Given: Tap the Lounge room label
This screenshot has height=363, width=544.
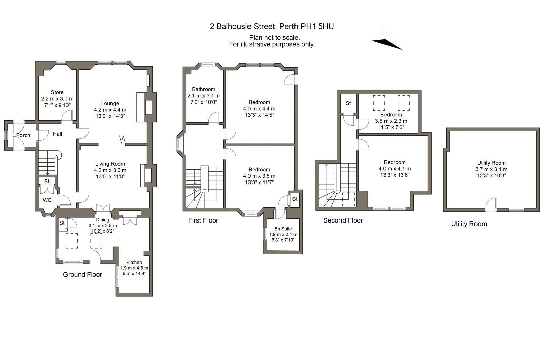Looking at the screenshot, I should tap(110, 103).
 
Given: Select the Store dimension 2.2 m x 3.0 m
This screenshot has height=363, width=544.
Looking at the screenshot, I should tap(57, 99).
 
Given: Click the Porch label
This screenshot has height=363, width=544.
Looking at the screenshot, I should tap(23, 135).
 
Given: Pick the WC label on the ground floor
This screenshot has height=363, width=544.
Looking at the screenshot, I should tap(47, 200).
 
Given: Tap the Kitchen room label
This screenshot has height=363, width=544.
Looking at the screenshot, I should tap(134, 262).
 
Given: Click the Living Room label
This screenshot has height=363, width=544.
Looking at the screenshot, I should tap(110, 164).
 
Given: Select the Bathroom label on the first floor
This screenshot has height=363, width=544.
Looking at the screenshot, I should tap(203, 89).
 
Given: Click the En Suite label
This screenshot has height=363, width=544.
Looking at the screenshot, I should tap(283, 229).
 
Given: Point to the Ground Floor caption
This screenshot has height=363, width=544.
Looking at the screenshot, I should tap(83, 275).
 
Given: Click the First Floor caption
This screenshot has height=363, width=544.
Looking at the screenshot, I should tap(203, 220).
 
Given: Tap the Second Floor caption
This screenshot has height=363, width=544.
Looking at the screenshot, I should tap(343, 220).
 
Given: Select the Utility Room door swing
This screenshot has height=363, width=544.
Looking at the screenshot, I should tap(491, 203).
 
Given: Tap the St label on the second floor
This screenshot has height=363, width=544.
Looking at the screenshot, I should tap(348, 103).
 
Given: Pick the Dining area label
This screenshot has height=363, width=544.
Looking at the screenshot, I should tap(103, 220).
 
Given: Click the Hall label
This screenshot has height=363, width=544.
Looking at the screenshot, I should tap(57, 134).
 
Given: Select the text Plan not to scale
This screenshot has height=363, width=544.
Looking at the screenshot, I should tap(274, 38).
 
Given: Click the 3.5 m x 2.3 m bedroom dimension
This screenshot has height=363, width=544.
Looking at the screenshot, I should tap(391, 121).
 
